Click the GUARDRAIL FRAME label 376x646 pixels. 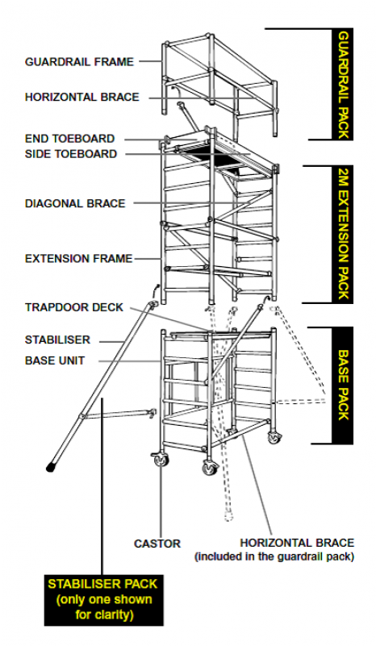(x=78, y=61)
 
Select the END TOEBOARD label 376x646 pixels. (x=69, y=139)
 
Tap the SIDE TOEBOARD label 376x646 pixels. (x=71, y=154)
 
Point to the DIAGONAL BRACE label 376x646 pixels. (x=75, y=203)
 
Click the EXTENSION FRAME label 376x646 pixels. (x=78, y=259)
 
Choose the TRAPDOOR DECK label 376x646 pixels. (x=74, y=307)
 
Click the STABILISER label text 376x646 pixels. (x=57, y=340)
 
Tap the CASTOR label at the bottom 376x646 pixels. (x=157, y=544)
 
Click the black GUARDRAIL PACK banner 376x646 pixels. (x=343, y=85)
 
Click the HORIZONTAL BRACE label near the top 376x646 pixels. (x=81, y=97)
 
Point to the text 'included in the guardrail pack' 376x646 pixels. (x=274, y=556)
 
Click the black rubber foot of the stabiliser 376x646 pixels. (x=52, y=465)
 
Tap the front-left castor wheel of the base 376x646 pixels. (x=162, y=462)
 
